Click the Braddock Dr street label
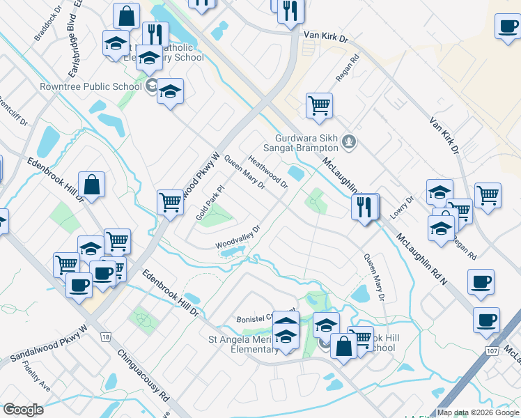[47, 22]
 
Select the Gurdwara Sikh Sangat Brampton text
[306, 142]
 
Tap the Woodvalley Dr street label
[237, 237]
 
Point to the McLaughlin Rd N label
[422, 258]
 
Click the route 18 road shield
[105, 337]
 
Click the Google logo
[23, 409]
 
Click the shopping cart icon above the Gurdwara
[319, 106]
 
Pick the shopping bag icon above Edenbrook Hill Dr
[91, 185]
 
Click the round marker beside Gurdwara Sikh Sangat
[350, 144]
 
